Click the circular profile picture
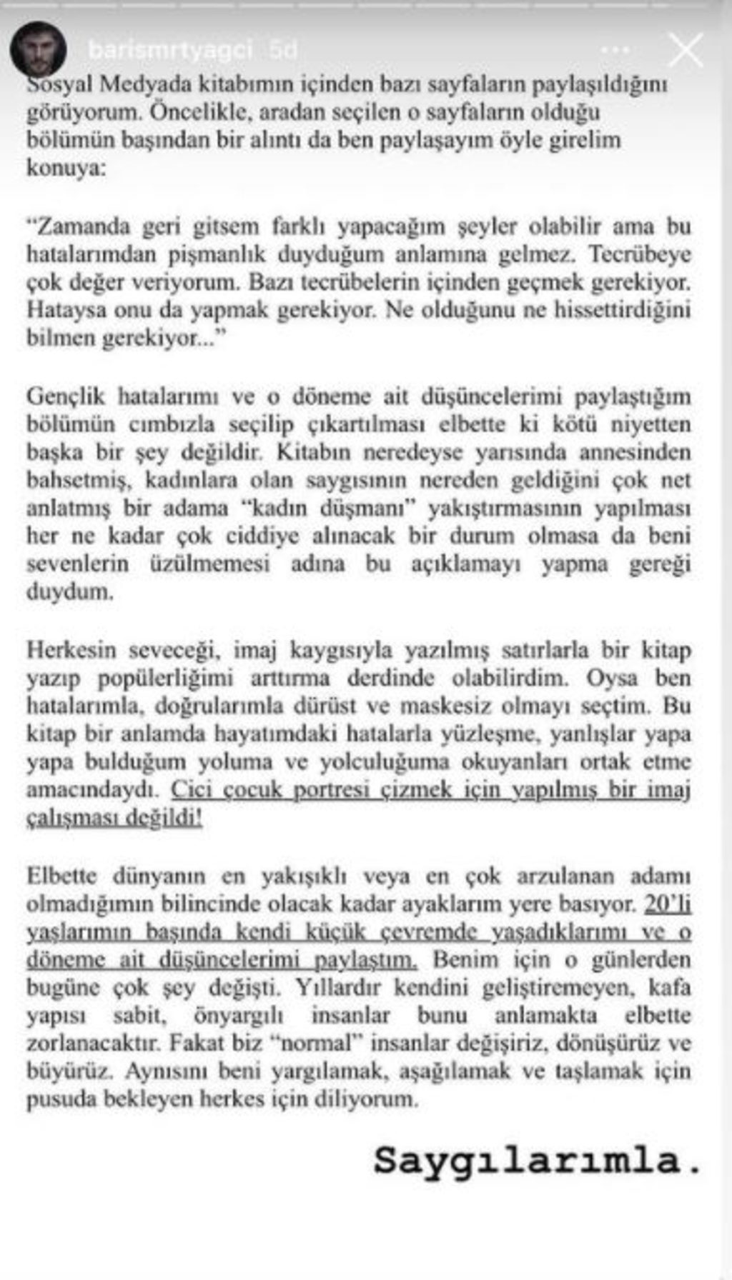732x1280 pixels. (38, 49)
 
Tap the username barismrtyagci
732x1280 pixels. (170, 50)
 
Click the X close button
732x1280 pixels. (685, 50)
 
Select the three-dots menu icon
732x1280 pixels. (615, 51)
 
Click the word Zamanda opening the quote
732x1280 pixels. (79, 226)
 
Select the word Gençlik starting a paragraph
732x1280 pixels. (66, 396)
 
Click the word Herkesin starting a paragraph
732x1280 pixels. (71, 650)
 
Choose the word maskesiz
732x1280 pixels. (450, 706)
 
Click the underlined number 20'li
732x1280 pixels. (668, 904)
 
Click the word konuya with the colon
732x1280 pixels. (66, 169)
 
